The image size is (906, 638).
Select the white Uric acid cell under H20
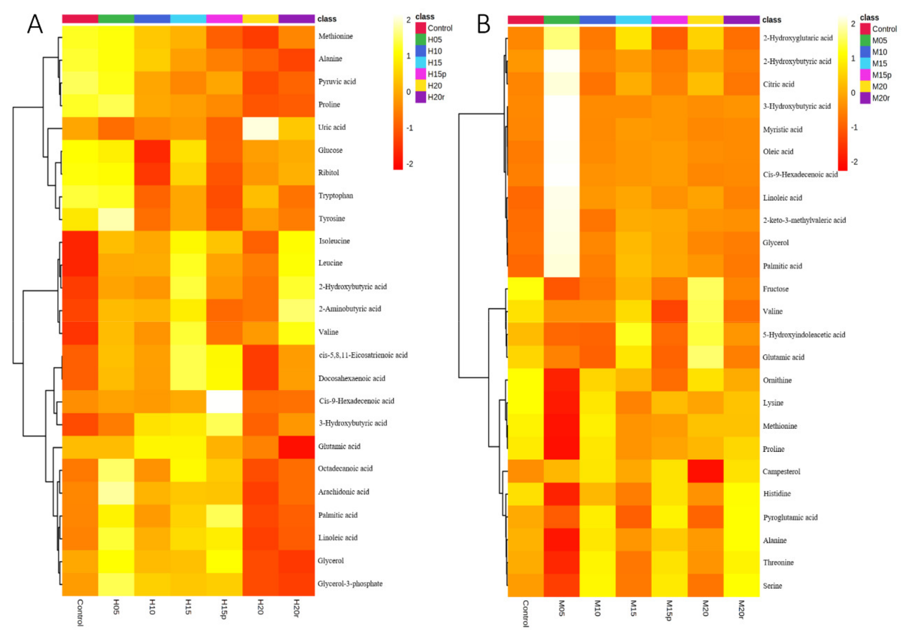point(260,128)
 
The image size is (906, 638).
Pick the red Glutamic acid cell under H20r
point(296,447)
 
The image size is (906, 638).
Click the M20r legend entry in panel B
point(880,98)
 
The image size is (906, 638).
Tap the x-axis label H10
point(152,607)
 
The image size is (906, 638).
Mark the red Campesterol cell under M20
point(705,471)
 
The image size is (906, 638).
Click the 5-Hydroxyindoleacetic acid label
point(803,335)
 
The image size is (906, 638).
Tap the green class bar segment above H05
point(116,18)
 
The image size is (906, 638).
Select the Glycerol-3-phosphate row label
point(350,584)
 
